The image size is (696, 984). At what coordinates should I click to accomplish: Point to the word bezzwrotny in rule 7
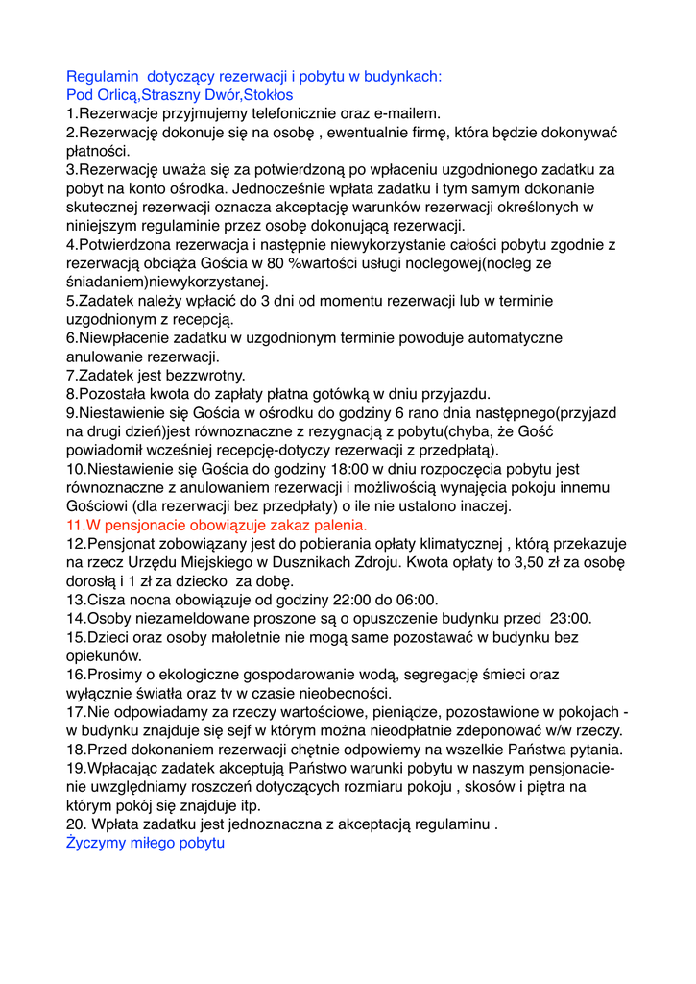click(x=206, y=375)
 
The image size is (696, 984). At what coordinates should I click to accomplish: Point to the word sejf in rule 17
click(x=218, y=730)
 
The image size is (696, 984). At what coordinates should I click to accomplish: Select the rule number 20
click(x=77, y=824)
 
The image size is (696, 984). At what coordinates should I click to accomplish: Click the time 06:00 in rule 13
click(x=410, y=600)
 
